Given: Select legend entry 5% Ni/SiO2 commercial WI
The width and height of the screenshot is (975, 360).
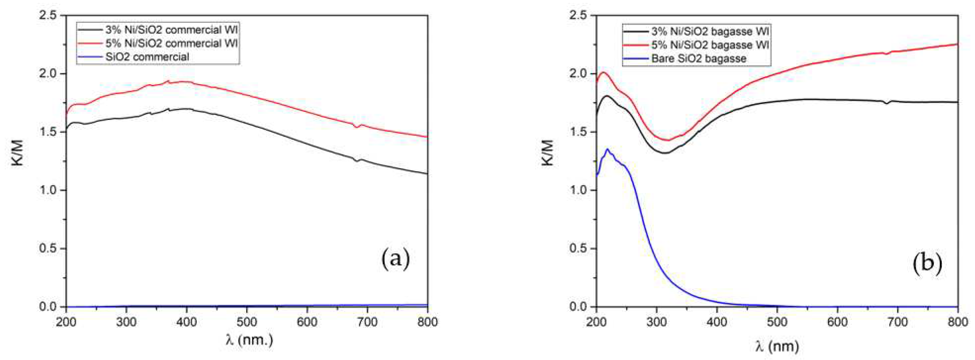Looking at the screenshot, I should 171,43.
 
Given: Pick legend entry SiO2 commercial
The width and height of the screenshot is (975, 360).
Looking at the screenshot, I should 148,57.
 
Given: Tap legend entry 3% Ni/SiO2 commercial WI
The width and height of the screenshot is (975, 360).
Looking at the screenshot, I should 171,29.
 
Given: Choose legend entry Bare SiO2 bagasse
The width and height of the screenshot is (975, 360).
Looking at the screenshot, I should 699,59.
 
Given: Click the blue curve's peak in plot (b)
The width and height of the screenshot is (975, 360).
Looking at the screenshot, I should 608,149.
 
